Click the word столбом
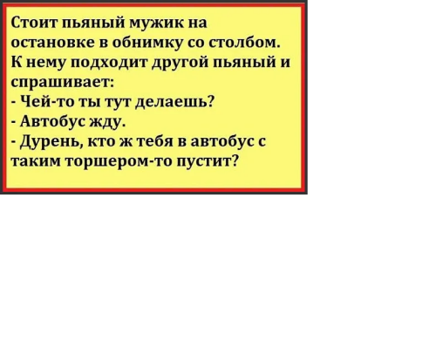point(254,42)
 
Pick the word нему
point(48,63)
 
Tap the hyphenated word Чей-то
point(44,102)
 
